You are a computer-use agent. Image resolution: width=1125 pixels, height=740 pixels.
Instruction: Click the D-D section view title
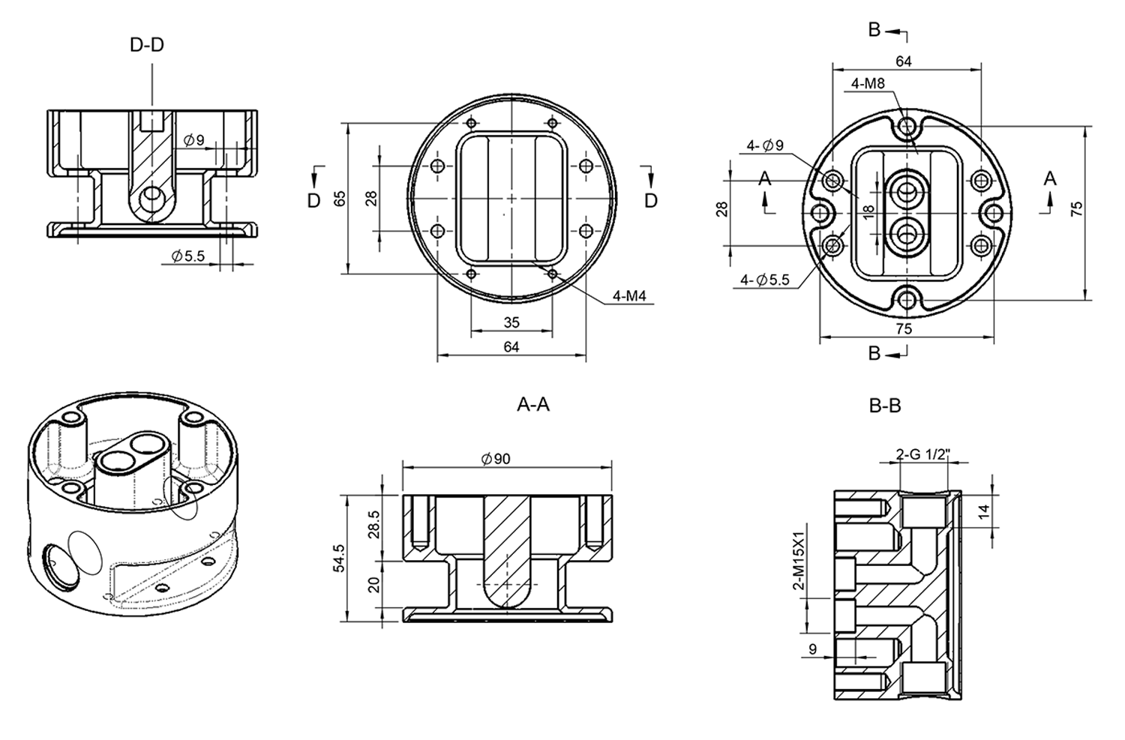pyautogui.click(x=146, y=45)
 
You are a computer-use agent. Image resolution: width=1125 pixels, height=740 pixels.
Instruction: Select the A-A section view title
pyautogui.click(x=533, y=405)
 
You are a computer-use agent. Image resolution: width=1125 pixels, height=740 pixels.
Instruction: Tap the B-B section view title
pyautogui.click(x=884, y=406)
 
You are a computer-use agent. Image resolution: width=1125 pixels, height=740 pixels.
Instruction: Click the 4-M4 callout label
pyautogui.click(x=629, y=296)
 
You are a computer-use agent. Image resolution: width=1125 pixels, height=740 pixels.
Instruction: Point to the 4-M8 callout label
pyautogui.click(x=868, y=84)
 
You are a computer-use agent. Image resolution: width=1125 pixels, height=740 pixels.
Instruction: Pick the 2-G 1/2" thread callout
pyautogui.click(x=922, y=454)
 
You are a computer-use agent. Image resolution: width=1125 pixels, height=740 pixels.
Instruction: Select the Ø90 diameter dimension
pyautogui.click(x=495, y=459)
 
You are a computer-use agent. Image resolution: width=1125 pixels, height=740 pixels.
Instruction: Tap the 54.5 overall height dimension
pyautogui.click(x=339, y=559)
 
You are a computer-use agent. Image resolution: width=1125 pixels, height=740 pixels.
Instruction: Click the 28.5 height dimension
pyautogui.click(x=374, y=525)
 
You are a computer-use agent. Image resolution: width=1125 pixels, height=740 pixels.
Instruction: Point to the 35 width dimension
pyautogui.click(x=511, y=322)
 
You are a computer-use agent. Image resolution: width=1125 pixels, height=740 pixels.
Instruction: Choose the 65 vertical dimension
pyautogui.click(x=340, y=199)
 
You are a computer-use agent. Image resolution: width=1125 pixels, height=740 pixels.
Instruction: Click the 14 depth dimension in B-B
pyautogui.click(x=984, y=511)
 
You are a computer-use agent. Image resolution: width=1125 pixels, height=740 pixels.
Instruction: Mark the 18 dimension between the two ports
pyautogui.click(x=868, y=213)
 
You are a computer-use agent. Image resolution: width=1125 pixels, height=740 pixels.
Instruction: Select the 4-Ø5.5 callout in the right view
pyautogui.click(x=765, y=280)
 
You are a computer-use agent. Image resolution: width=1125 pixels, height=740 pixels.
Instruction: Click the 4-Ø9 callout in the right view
pyautogui.click(x=765, y=145)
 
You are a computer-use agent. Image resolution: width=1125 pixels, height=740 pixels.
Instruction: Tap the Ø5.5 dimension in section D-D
pyautogui.click(x=187, y=256)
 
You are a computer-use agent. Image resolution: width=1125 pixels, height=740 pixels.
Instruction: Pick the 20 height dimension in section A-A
pyautogui.click(x=374, y=583)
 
